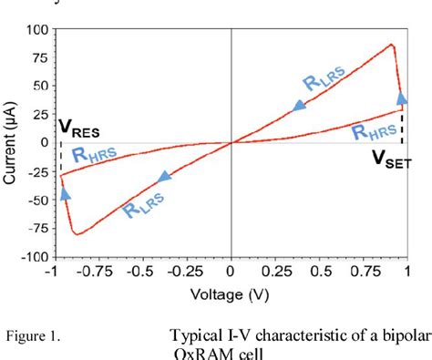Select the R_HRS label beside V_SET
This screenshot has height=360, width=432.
click(x=375, y=133)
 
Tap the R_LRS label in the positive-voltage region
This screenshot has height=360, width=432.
click(x=324, y=85)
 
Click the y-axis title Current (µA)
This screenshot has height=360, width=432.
click(x=13, y=143)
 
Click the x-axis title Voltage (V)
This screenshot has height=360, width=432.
click(x=231, y=295)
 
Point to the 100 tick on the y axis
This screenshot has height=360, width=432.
click(x=36, y=29)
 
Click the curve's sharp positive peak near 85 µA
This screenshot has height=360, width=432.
click(x=391, y=44)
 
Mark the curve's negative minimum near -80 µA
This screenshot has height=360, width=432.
click(x=77, y=234)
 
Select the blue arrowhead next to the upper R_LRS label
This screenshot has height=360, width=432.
click(x=299, y=107)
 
